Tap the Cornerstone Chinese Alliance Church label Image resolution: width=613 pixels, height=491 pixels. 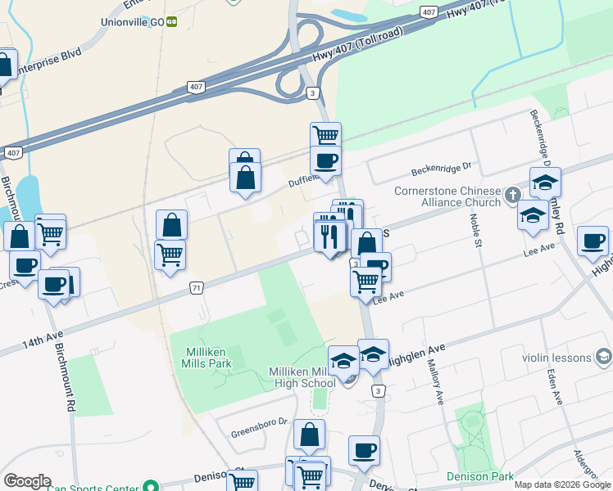point(460,196)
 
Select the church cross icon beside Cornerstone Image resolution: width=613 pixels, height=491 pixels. point(513,195)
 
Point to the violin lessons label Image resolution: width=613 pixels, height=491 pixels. point(556,357)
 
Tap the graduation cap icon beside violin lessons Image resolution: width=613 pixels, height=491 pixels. point(604,357)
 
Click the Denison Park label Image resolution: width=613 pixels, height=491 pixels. point(480,476)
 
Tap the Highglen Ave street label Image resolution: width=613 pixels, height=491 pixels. point(417,353)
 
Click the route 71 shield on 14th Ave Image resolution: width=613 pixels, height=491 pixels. point(196,288)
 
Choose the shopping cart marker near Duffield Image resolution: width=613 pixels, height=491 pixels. point(325,136)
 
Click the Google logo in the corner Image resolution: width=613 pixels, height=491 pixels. point(27,481)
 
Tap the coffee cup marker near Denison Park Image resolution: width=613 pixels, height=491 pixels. point(364,450)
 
